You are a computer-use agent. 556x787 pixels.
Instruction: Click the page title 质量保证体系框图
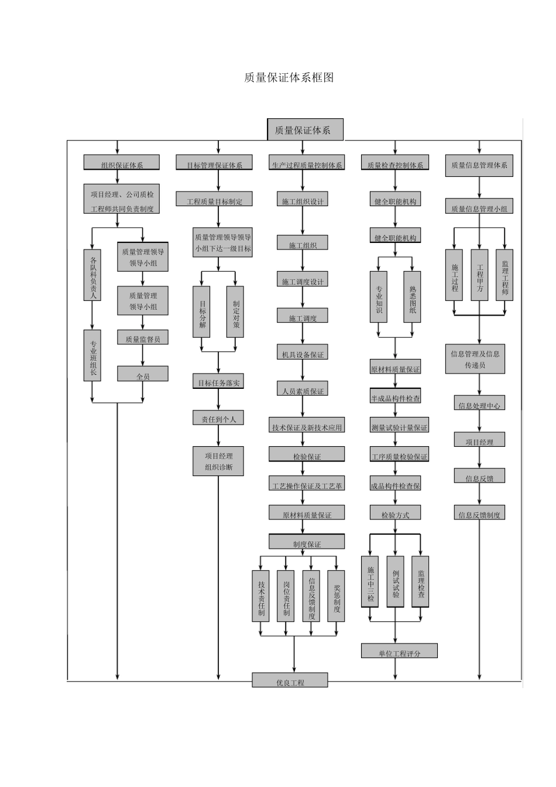pyautogui.click(x=289, y=78)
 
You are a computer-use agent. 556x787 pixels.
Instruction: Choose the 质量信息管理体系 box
pyautogui.click(x=479, y=165)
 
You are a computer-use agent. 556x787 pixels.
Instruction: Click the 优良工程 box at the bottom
pyautogui.click(x=290, y=680)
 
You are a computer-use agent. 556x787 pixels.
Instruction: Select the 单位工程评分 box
pyautogui.click(x=399, y=651)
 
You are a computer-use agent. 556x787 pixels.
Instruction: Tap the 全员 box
pyautogui.click(x=143, y=374)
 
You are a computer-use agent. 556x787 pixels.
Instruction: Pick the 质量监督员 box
pyautogui.click(x=143, y=338)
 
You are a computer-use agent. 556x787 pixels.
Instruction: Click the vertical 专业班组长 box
pyautogui.click(x=92, y=355)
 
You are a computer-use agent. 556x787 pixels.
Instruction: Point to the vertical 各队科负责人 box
pyautogui.click(x=92, y=275)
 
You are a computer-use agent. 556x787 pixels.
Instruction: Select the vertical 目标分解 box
pyautogui.click(x=202, y=312)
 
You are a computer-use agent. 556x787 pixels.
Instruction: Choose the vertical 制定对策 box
pyautogui.click(x=235, y=312)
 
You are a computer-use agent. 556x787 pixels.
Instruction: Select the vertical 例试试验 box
pyautogui.click(x=396, y=581)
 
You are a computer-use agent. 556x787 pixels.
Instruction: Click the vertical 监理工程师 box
pyautogui.click(x=504, y=275)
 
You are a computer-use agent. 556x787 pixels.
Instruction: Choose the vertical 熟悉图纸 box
pyautogui.click(x=412, y=296)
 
